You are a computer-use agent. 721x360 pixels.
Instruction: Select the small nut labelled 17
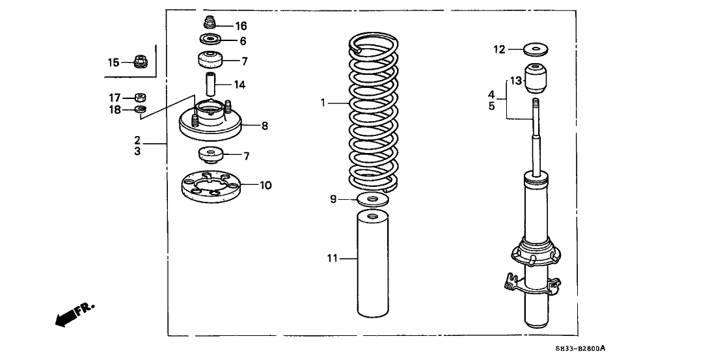140,98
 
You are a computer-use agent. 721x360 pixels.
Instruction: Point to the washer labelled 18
140,109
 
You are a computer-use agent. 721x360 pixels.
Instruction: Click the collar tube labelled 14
210,85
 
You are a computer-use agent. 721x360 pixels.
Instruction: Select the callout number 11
332,258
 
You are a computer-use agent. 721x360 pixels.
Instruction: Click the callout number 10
265,186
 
